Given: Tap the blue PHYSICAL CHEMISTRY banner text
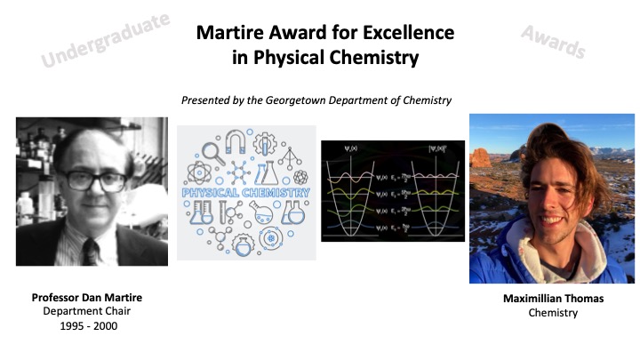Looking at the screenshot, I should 245,192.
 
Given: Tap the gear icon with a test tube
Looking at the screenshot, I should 245,241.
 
